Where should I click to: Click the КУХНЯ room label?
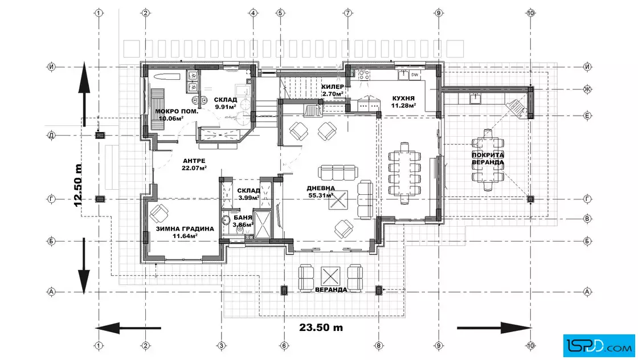[x=403, y=99]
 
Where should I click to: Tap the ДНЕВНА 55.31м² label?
[x=321, y=192]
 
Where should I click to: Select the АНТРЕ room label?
[x=194, y=161]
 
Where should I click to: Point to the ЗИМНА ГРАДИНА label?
[x=185, y=229]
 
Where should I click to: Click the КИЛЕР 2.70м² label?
[x=333, y=91]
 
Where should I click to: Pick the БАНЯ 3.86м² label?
[x=243, y=221]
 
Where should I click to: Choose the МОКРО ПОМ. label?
[x=177, y=112]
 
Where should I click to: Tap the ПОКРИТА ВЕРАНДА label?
[x=488, y=159]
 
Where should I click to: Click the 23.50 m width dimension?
[x=321, y=328]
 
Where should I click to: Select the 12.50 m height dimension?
[x=78, y=185]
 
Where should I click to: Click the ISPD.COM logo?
[x=599, y=346]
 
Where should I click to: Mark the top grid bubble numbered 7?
[x=348, y=13]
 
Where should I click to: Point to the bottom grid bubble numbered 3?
[x=222, y=346]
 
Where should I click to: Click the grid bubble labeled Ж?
[x=587, y=89]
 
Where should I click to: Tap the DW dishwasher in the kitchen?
[x=415, y=75]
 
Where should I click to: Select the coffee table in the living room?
[x=338, y=200]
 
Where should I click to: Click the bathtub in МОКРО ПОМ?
[x=163, y=76]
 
